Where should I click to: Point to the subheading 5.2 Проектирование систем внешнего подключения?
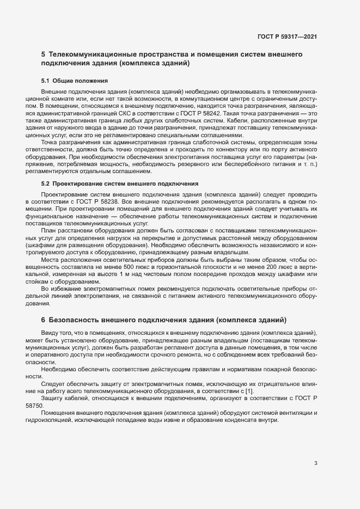pyautogui.click(x=120, y=184)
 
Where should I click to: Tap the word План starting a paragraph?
pyautogui.click(x=49, y=230)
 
